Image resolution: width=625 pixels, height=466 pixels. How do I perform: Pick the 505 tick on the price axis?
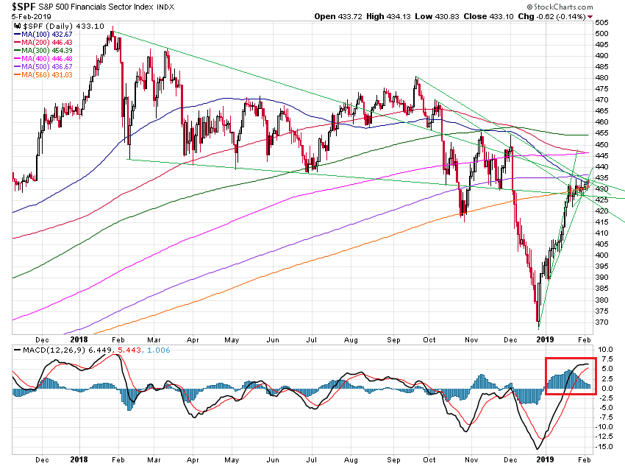602,32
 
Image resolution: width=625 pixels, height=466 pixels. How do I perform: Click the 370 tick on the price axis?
602,322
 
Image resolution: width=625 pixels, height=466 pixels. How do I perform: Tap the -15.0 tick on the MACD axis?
604,446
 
